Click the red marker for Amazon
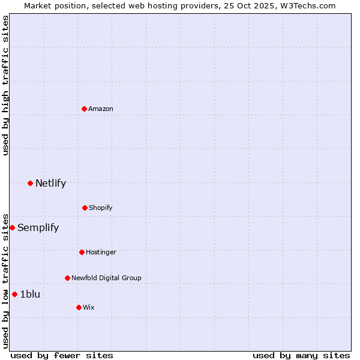click(84, 109)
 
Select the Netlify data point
click(30, 183)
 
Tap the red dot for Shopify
click(85, 208)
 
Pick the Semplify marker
click(12, 227)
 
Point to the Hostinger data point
click(82, 252)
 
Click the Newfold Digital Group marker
click(67, 278)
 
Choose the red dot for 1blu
click(14, 294)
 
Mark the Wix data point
click(79, 307)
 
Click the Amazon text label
click(101, 109)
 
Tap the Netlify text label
click(50, 183)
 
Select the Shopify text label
click(101, 208)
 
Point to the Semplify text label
click(38, 227)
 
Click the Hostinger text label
click(101, 252)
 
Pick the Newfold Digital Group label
click(106, 278)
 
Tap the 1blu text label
click(30, 294)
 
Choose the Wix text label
click(89, 307)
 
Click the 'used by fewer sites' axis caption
click(62, 355)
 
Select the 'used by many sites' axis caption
click(301, 355)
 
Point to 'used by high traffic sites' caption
click(5, 85)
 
